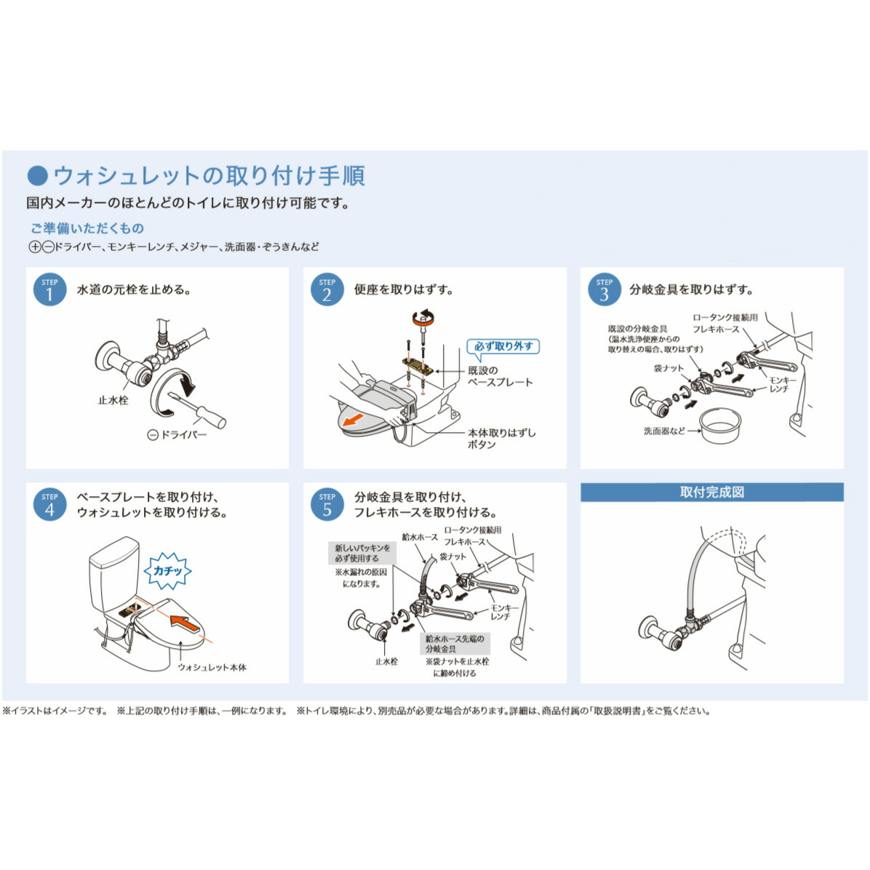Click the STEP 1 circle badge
tap(49, 290)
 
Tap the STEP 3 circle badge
tap(604, 290)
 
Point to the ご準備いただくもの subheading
tap(87, 228)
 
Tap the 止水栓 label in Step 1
tap(113, 400)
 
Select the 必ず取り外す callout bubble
tap(503, 346)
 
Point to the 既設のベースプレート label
tap(500, 376)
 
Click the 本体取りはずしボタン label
tap(501, 438)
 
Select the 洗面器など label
tap(664, 431)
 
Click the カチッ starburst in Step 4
tap(167, 571)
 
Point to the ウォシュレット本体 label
tap(212, 667)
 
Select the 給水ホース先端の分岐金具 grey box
tap(455, 643)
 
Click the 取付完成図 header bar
tap(711, 492)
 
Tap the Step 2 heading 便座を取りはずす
tap(404, 290)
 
